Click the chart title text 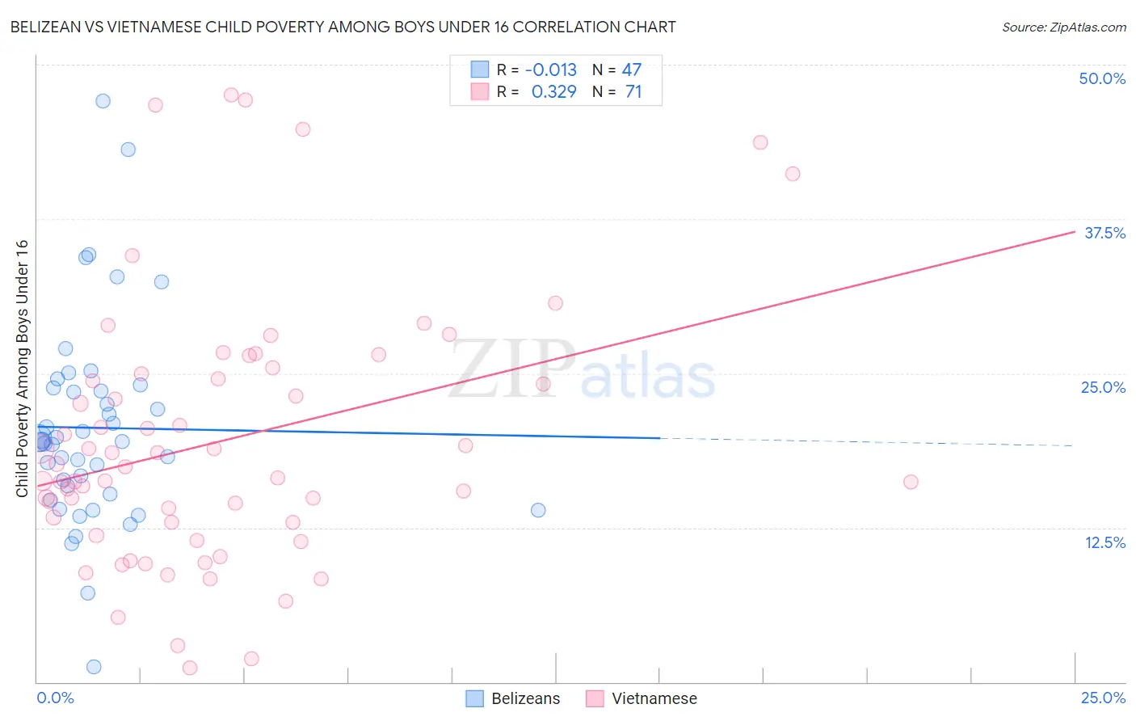[x=343, y=27]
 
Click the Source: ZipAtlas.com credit [x=1063, y=27]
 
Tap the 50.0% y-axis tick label [x=1102, y=78]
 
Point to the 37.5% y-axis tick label [x=1104, y=233]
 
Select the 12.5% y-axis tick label [x=1104, y=542]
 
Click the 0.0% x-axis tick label [x=55, y=698]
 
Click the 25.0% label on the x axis [x=1103, y=698]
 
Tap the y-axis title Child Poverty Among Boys [x=22, y=369]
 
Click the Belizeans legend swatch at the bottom [x=475, y=698]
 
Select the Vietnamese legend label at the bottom [x=654, y=698]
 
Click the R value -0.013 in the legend [x=550, y=70]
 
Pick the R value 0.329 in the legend [x=553, y=92]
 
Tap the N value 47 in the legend [x=631, y=70]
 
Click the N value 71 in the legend [x=633, y=92]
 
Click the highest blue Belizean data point [x=103, y=101]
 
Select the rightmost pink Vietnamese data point [x=911, y=482]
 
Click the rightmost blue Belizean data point [x=538, y=510]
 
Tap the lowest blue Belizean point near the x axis [x=94, y=667]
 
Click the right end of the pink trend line [x=1075, y=231]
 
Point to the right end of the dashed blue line [x=1073, y=445]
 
